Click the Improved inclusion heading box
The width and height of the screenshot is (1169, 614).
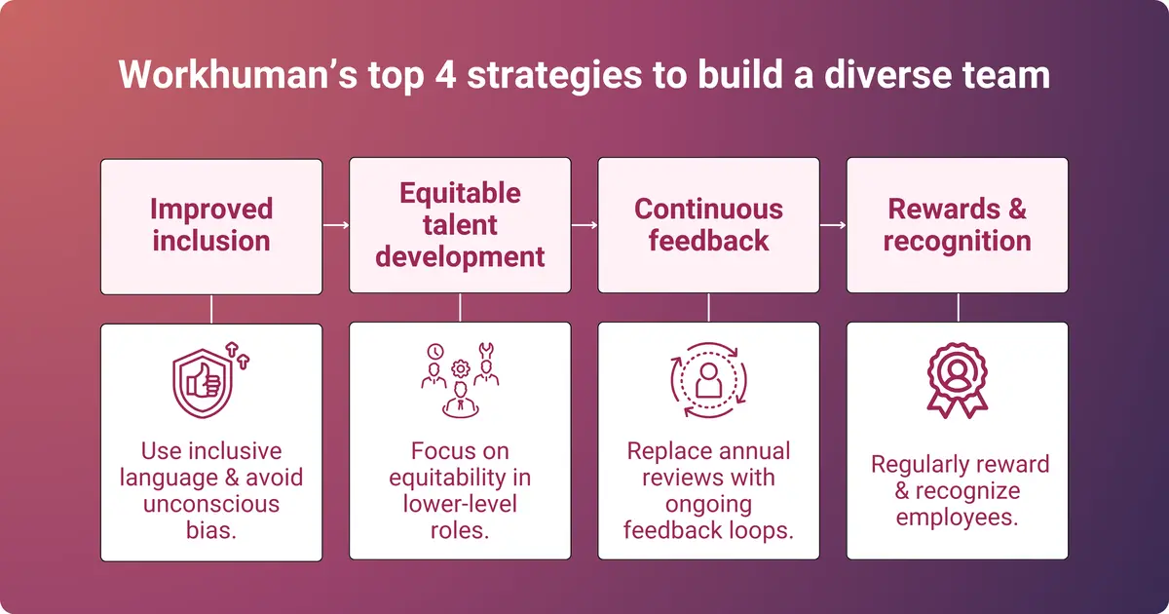coord(211,226)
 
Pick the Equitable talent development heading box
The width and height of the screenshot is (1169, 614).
coord(460,226)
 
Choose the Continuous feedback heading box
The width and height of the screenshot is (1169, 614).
coord(708,226)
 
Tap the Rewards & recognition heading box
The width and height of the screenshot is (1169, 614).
coord(957,226)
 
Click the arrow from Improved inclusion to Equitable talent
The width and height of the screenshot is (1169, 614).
coord(335,225)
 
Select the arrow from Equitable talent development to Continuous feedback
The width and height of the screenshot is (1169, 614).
coord(584,225)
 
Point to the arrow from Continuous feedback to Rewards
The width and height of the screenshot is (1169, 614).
coord(833,225)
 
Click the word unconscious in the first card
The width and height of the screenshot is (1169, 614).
coord(211,504)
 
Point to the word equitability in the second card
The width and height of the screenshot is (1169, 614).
coord(460,479)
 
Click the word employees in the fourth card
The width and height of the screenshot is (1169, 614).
coord(957,517)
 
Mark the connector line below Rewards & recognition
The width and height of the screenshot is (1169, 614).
coord(958,308)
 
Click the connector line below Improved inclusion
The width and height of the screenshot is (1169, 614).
coord(211,308)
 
